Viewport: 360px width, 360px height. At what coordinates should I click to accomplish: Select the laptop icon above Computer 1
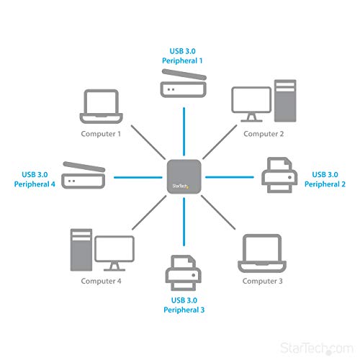pos(100,107)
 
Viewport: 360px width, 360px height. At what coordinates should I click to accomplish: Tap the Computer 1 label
pos(100,133)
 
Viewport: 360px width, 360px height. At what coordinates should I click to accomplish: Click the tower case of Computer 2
pos(284,101)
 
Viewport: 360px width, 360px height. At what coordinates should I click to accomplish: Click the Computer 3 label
pos(262,281)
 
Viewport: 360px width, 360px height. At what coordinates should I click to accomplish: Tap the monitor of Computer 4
pos(114,251)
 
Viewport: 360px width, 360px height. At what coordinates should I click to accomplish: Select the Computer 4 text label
pos(100,281)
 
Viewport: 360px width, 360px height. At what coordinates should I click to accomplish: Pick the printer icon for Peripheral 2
pos(277,176)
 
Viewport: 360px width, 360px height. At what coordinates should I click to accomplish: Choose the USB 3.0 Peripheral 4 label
pos(35,179)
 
